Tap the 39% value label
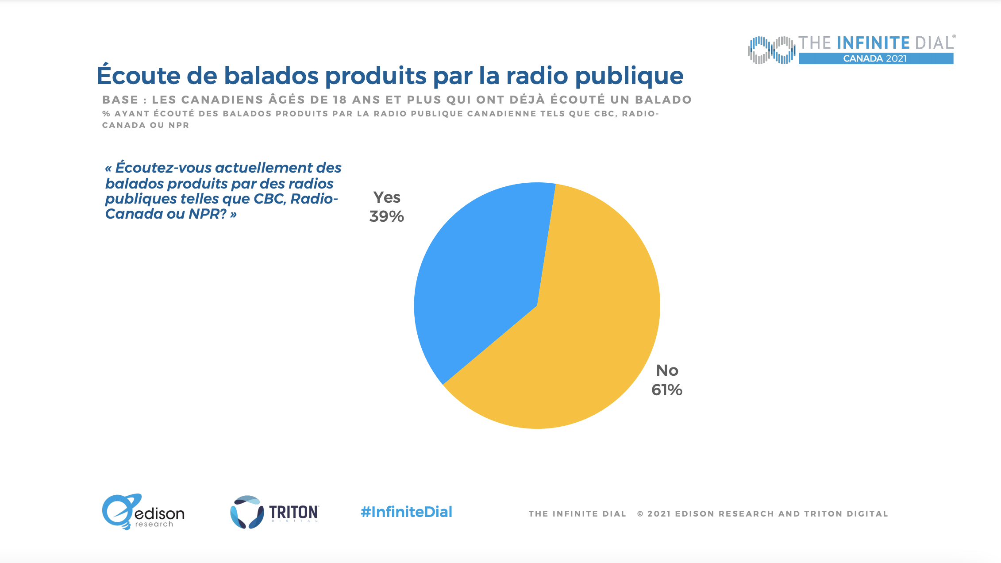click(386, 216)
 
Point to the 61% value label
click(666, 390)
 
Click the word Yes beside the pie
click(387, 197)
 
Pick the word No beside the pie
click(667, 370)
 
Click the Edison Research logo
click(143, 512)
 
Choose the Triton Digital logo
click(274, 512)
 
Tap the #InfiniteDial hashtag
click(406, 512)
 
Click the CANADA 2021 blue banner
click(875, 58)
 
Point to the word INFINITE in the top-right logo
click(873, 43)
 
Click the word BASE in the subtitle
click(120, 100)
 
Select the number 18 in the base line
click(339, 100)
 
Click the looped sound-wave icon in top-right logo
click(771, 50)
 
